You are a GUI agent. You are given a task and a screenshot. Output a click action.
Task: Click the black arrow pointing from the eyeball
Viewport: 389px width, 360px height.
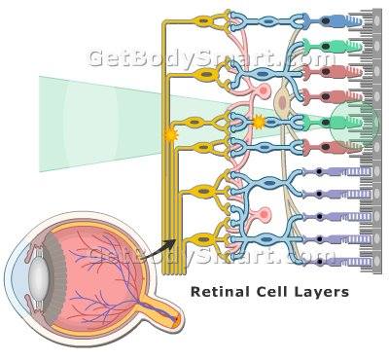coord(159,249)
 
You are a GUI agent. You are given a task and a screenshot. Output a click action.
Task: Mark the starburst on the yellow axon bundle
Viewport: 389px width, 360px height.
coord(169,134)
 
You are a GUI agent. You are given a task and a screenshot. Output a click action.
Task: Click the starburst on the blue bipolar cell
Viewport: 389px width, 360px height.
coord(259,123)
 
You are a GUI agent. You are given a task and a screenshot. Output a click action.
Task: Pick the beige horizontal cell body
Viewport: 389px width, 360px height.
coord(282,101)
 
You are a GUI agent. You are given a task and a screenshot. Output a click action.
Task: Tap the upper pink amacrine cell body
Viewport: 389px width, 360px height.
coord(264,90)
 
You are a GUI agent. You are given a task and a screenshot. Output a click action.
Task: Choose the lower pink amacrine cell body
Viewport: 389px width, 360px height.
coord(265,214)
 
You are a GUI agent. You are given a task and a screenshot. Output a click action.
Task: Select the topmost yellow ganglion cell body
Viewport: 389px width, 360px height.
coord(204,21)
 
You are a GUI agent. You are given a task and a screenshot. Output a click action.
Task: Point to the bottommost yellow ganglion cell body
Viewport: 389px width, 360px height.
coord(203,239)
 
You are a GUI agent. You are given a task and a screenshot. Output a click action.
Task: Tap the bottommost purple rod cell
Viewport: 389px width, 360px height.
coord(337,262)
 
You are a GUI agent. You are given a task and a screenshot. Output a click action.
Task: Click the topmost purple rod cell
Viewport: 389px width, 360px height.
coord(337,171)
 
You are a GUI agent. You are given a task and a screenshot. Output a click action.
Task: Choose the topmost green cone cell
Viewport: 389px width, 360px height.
coord(333,47)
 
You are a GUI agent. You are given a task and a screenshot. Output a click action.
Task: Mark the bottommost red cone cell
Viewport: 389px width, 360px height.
coord(333,147)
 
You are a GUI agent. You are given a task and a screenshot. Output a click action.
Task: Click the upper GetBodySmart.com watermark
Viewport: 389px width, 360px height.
coord(212,58)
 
